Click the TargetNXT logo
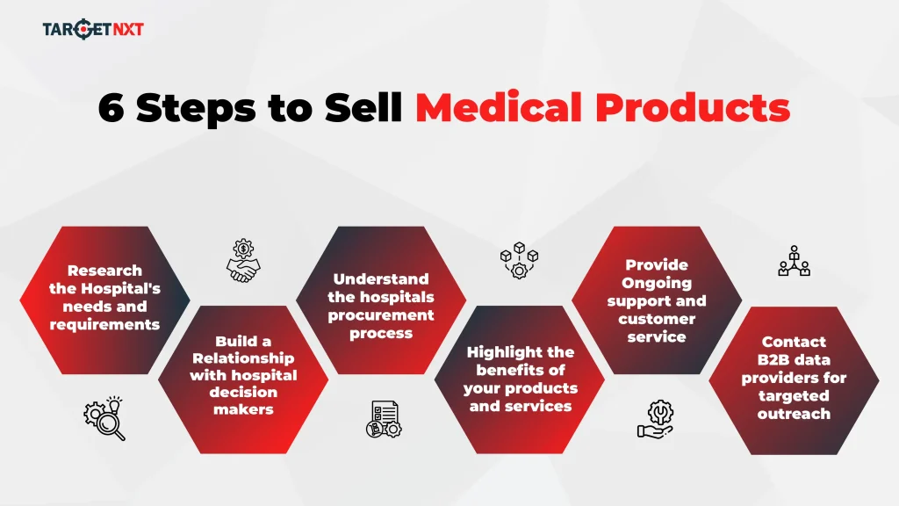pyautogui.click(x=92, y=29)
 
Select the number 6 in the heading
pyautogui.click(x=111, y=106)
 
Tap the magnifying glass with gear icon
pyautogui.click(x=104, y=419)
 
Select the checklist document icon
pyautogui.click(x=382, y=418)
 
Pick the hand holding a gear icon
pyautogui.click(x=656, y=418)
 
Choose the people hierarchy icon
pyautogui.click(x=794, y=261)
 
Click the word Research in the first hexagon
pyautogui.click(x=104, y=271)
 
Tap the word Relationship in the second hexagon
pyautogui.click(x=243, y=358)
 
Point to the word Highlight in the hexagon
pyautogui.click(x=520, y=352)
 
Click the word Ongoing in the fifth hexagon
pyautogui.click(x=657, y=283)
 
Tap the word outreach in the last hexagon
pyautogui.click(x=794, y=413)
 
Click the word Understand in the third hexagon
pyautogui.click(x=381, y=279)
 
